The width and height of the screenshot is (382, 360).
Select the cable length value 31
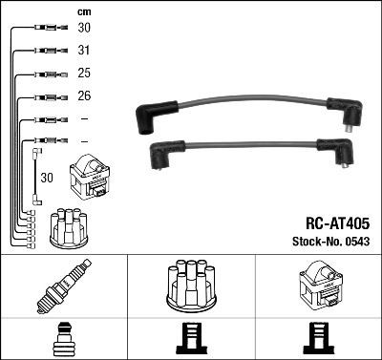85,51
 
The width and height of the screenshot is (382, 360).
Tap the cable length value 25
85,74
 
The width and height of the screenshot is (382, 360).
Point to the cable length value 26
85,96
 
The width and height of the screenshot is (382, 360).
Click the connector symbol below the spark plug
63,339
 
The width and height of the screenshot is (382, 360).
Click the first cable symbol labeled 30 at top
44,28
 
